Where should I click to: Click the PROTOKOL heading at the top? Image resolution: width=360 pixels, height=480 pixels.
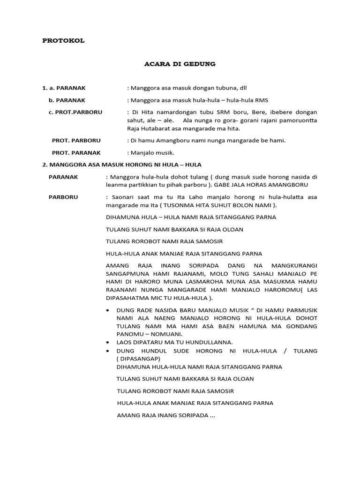[63, 41]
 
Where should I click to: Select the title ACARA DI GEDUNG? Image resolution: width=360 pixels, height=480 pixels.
[180, 64]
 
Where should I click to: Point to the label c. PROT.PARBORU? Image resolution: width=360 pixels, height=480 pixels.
[75, 112]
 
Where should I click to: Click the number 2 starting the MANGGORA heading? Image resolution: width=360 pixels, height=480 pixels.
[44, 165]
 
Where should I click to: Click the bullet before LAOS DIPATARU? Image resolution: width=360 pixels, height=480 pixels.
[109, 342]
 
